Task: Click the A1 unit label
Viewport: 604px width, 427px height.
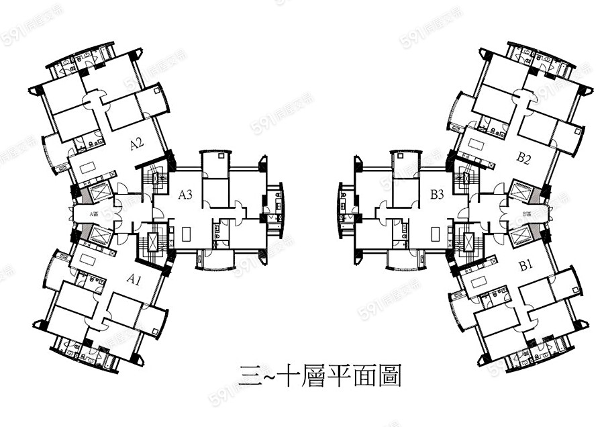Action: pos(133,279)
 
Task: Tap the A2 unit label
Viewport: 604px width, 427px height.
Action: pos(137,143)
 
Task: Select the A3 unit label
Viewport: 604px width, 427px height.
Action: pos(185,195)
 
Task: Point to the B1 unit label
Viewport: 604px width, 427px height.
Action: pos(525,265)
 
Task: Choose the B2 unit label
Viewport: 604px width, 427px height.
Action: pos(524,158)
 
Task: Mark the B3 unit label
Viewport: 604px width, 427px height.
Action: pos(437,195)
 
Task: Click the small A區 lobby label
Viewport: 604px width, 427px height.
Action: pos(95,214)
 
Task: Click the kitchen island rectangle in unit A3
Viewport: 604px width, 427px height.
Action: pos(186,234)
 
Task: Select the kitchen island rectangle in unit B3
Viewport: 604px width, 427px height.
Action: pos(436,234)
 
